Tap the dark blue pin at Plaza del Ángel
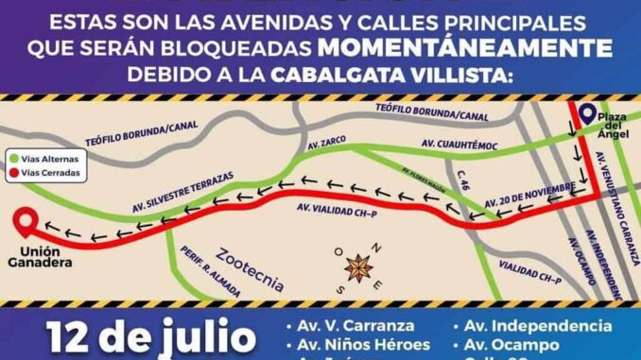click(587, 115)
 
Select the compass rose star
click(357, 267)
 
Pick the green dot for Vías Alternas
click(15, 159)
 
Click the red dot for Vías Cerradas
click(15, 174)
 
